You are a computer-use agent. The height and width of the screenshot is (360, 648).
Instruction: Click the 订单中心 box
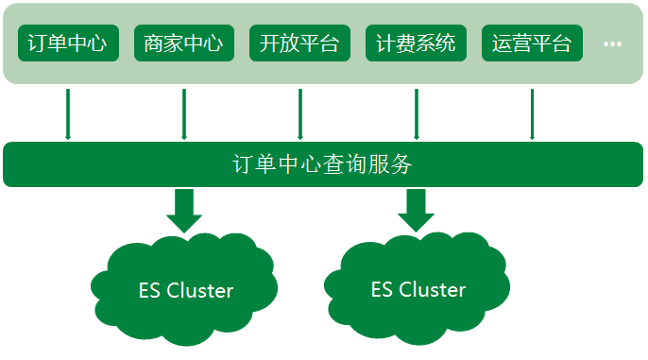68,43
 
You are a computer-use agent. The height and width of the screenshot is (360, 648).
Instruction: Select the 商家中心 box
183,43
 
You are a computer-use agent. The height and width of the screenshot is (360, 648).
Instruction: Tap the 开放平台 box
299,43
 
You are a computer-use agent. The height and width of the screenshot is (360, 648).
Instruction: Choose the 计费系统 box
416,43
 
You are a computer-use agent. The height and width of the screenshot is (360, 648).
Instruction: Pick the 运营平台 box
532,43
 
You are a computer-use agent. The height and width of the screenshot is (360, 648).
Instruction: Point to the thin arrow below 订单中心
68,113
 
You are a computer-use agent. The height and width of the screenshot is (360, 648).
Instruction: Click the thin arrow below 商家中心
183,113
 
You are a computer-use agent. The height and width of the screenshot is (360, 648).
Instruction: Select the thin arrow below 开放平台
299,113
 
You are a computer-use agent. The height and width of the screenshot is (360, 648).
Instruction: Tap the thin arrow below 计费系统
416,113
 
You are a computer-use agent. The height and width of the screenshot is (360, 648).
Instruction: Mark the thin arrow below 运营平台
532,113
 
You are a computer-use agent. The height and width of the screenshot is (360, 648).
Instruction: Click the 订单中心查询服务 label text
323,164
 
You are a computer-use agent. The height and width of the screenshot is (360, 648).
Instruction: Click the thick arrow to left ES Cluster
184,210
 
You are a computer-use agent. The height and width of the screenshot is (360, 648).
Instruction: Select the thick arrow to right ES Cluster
416,210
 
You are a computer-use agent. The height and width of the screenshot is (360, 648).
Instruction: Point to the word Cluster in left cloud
199,291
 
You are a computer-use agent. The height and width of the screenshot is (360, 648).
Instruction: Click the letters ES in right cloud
382,289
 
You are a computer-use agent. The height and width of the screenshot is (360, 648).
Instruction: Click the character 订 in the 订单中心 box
38,43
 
